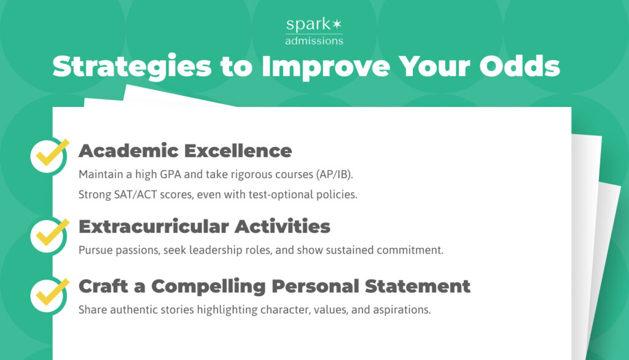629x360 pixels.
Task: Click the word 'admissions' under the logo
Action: [x=314, y=41]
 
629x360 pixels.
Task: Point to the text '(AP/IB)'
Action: [x=334, y=174]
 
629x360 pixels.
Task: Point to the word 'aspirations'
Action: [x=400, y=310]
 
